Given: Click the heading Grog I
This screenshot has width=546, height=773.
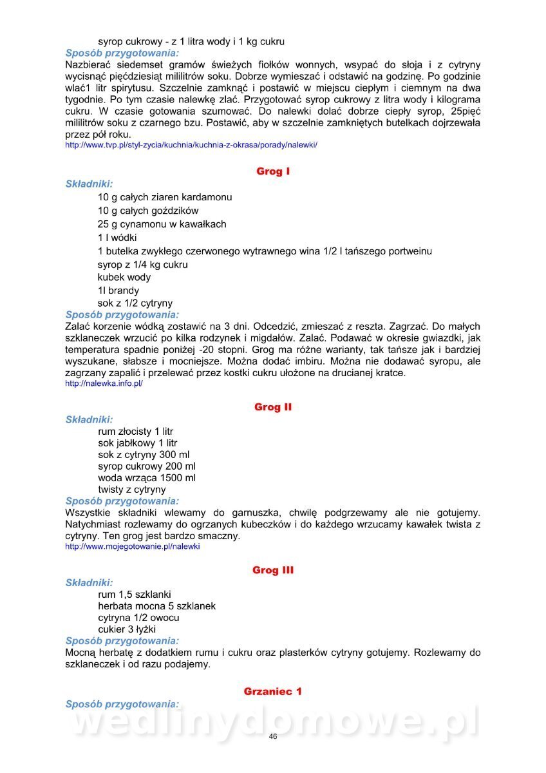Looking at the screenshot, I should [273, 171].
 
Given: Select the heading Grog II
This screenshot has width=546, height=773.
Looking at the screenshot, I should [273, 407].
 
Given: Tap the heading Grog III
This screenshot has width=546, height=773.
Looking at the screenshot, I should [273, 570].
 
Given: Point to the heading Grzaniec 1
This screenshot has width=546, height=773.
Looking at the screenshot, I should [273, 691].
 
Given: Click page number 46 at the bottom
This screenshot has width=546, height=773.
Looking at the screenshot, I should [273, 737].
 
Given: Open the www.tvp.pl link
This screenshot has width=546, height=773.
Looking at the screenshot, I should [191, 146].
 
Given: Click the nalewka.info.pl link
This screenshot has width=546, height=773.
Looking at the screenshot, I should [104, 383].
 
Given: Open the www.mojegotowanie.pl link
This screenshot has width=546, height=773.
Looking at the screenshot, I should [133, 546].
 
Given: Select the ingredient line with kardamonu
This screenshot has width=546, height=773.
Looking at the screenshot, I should [165, 197].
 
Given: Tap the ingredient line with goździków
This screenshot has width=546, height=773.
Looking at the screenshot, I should [148, 211].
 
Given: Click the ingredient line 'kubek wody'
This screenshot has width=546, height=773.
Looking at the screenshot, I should [124, 277].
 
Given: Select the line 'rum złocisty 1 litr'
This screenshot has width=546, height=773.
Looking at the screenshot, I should [135, 432].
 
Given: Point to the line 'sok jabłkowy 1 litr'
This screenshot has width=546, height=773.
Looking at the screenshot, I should [137, 443].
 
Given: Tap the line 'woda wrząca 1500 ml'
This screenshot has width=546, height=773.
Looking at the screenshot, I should [147, 478].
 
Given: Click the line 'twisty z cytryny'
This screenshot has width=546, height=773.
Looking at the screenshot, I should [131, 490].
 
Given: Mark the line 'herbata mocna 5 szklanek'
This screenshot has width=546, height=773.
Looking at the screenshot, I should [156, 606].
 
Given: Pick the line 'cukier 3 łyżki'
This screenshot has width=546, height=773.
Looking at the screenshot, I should [127, 629].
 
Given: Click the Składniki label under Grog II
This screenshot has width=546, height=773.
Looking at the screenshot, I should [89, 419].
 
